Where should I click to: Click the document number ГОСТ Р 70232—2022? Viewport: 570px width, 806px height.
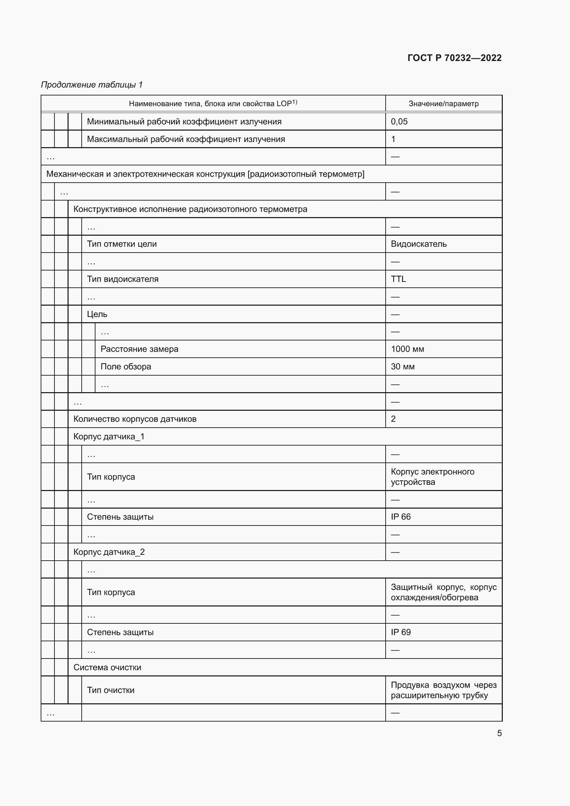(x=454, y=58)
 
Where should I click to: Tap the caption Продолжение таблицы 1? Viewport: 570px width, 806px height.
(x=92, y=85)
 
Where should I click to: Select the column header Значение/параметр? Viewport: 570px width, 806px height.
(x=443, y=104)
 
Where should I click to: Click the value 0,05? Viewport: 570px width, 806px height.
(x=399, y=121)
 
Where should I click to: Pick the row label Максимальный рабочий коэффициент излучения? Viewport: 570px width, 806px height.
(x=186, y=139)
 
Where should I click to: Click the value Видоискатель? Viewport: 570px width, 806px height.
(x=418, y=244)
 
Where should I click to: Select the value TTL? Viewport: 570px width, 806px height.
(x=398, y=279)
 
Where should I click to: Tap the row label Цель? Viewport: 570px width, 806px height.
(x=97, y=314)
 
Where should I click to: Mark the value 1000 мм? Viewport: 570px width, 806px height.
(x=407, y=349)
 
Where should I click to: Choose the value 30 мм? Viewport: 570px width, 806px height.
(x=403, y=367)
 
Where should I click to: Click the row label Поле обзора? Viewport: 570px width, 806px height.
(x=126, y=367)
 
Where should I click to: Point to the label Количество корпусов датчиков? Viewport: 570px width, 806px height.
(x=135, y=419)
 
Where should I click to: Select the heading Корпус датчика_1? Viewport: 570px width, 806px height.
(x=109, y=436)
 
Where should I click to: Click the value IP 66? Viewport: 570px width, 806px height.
(x=400, y=517)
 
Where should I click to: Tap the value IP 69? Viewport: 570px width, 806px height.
(x=400, y=632)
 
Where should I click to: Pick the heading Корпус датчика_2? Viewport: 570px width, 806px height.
(x=109, y=552)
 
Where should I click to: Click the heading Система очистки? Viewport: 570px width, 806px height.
(x=107, y=667)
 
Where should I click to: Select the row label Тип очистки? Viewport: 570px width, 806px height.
(x=111, y=690)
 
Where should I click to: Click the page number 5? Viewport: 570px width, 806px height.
(x=499, y=733)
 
